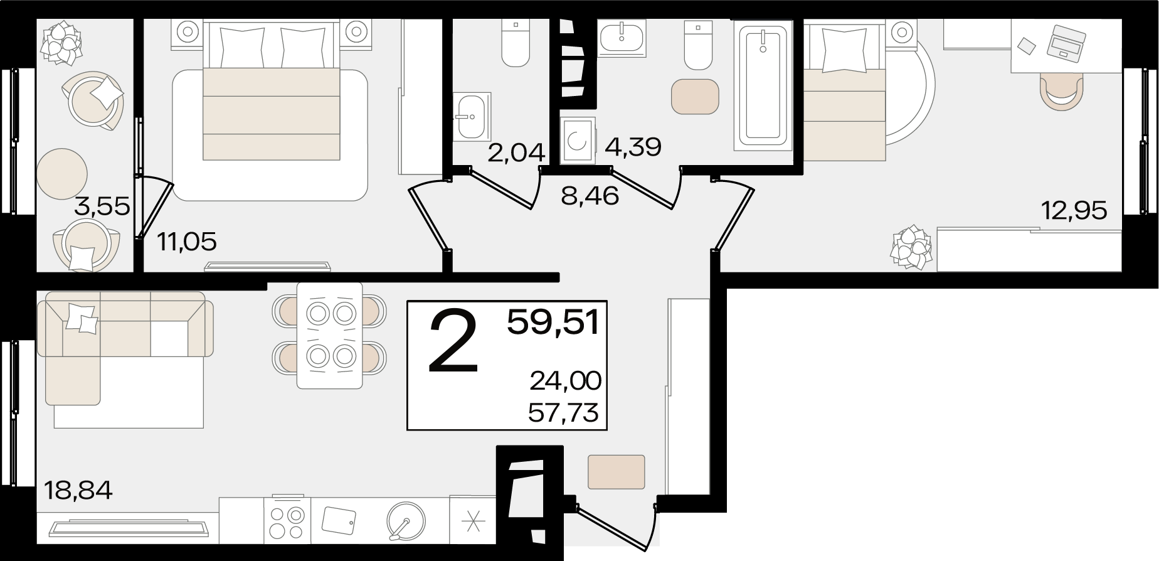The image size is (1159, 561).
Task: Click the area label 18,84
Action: point(78,490)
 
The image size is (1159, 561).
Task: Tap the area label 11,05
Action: point(187,242)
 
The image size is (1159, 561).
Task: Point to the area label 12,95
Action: point(1074,210)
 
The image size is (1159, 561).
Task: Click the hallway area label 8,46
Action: point(590,196)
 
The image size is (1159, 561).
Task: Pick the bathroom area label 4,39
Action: point(633,147)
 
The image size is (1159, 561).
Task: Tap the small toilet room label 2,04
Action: point(516,152)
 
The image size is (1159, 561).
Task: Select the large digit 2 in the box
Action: point(453,342)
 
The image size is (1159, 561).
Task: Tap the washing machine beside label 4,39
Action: point(577,141)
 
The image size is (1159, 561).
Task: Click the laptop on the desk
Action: point(1066,41)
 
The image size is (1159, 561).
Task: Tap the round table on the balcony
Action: point(61,172)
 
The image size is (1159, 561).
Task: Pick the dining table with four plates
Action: point(330,335)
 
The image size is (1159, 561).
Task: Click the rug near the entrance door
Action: point(616,472)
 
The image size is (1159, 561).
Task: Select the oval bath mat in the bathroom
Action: point(694,96)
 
